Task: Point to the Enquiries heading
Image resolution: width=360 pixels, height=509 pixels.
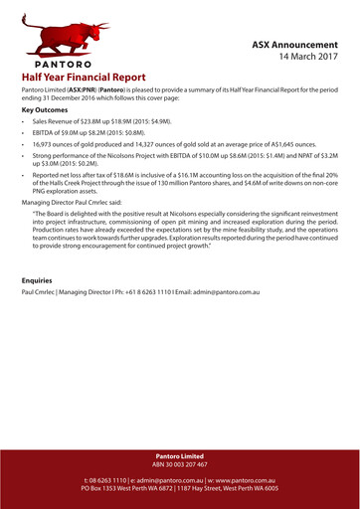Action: (x=38, y=280)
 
